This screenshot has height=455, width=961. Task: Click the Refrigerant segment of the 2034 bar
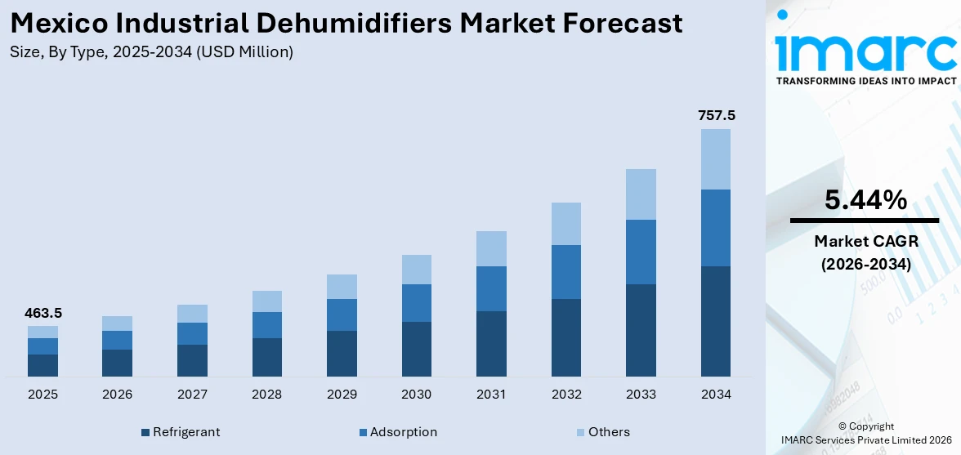coord(715,321)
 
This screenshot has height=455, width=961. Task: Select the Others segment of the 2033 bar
coord(641,194)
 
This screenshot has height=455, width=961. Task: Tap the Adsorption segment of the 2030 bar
coord(416,303)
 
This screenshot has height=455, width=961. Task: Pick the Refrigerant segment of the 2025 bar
coord(42,365)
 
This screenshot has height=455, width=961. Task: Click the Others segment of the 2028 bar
coord(267,301)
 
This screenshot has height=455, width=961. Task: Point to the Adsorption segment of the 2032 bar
coord(565,272)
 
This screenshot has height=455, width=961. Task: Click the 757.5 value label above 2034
coord(716,115)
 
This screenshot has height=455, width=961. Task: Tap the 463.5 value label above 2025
coord(42,313)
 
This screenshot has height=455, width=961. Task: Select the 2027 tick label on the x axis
coord(192,395)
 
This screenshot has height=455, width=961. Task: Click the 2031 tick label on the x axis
coord(491,395)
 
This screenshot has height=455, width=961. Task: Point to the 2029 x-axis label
coord(342,395)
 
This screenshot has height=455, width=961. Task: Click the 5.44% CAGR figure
coord(865,200)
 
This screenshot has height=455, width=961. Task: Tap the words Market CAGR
coord(865,241)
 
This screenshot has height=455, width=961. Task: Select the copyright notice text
coord(865,433)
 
